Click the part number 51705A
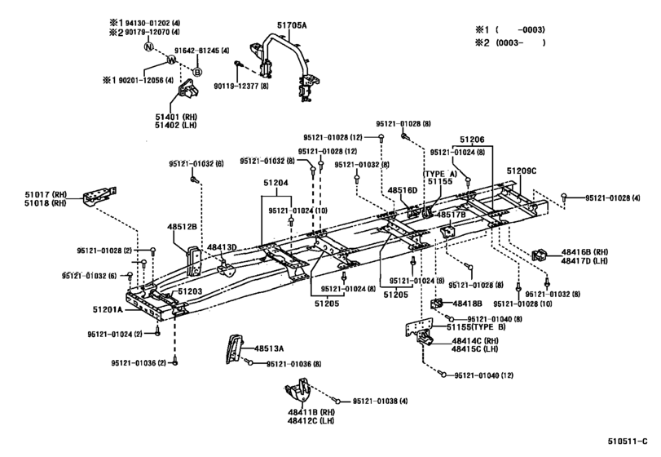(x=293, y=26)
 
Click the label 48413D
(x=222, y=247)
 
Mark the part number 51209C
(x=522, y=171)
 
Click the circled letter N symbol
(x=148, y=47)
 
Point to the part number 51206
(x=471, y=140)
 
